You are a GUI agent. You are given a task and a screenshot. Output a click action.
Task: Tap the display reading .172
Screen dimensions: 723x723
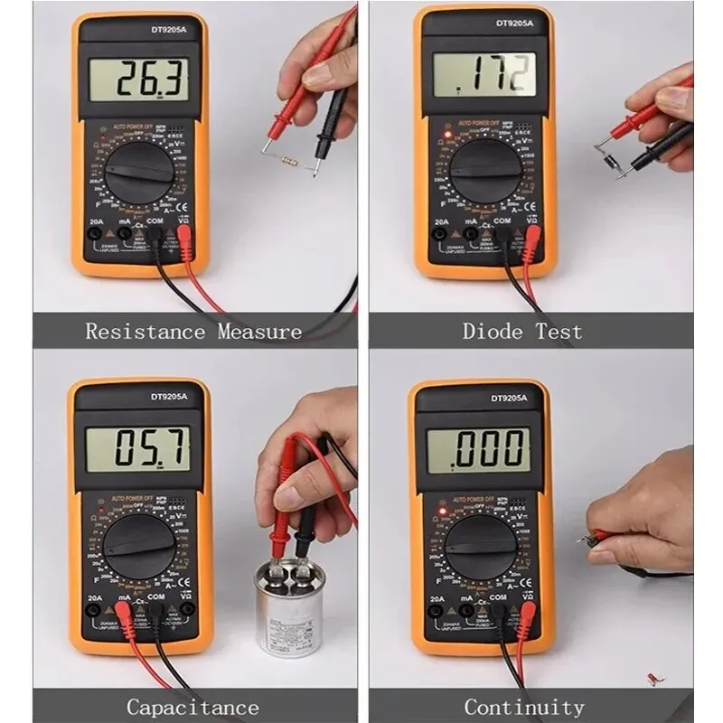tap(484, 75)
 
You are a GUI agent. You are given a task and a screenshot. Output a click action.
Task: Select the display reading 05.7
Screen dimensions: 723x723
tap(138, 449)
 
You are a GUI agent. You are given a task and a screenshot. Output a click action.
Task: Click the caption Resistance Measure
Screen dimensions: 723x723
tap(193, 331)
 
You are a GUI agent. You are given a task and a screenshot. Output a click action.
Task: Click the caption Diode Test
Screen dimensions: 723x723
tap(522, 331)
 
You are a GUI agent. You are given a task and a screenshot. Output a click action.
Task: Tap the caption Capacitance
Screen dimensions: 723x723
tap(192, 707)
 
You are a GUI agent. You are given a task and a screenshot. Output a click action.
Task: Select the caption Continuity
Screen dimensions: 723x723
tap(524, 707)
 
